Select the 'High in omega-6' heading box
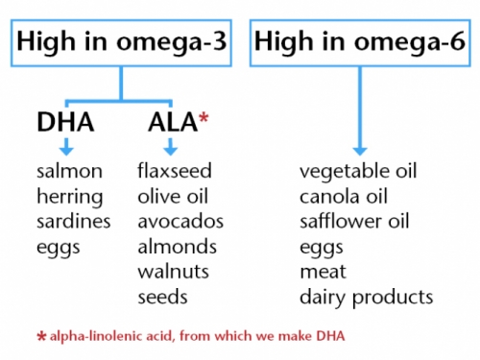[x=357, y=43]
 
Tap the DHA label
[x=66, y=122]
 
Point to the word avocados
[x=180, y=222]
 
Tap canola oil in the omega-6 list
[x=345, y=197]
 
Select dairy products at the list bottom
[x=366, y=297]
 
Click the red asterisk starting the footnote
[x=40, y=338]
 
